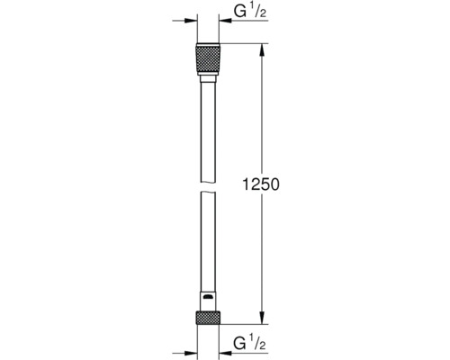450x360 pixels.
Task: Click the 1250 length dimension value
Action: click(262, 183)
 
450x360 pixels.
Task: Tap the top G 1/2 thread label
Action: click(253, 13)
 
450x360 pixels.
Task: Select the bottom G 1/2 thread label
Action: click(253, 343)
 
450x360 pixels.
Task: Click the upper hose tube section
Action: click(207, 112)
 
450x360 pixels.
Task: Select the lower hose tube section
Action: click(207, 243)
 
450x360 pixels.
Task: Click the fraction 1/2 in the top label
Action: click(262, 12)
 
